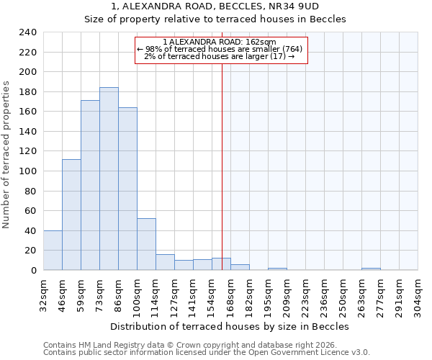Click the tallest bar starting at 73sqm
[x=109, y=179]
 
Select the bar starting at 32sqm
[x=53, y=250]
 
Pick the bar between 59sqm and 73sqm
[x=90, y=185]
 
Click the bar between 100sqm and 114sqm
[x=146, y=244]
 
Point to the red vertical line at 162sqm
[x=222, y=158]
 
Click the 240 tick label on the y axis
[x=28, y=32]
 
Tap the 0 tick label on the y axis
[x=33, y=270]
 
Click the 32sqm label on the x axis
[x=44, y=294]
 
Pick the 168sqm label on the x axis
[x=231, y=294]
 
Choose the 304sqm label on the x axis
[x=418, y=294]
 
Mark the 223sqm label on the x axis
[x=306, y=294]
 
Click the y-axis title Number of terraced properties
[x=7, y=155]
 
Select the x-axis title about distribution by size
[x=230, y=326]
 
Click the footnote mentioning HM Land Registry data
[x=202, y=345]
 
